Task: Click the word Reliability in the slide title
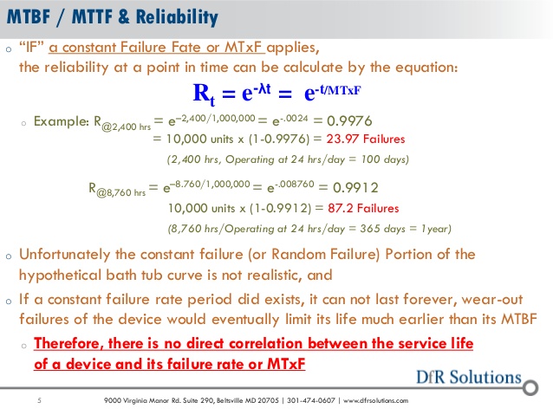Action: tap(177, 17)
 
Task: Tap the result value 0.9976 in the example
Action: tap(349, 121)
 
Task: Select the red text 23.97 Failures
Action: tap(366, 139)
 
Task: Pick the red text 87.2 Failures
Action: tap(363, 208)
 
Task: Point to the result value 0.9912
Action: tap(355, 187)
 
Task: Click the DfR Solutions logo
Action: tap(469, 377)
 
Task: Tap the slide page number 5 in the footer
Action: tap(40, 400)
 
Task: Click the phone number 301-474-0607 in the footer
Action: tap(310, 400)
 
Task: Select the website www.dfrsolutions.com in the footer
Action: tap(375, 400)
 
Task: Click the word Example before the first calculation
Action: tap(61, 121)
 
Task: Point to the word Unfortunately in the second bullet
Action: tap(64, 255)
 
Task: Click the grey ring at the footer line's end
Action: tap(530, 388)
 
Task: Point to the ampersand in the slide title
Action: tap(124, 17)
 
